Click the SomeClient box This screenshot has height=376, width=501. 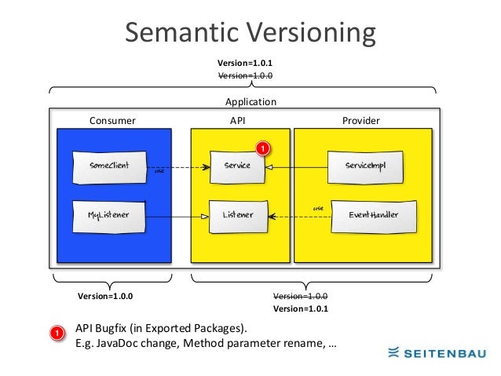pos(109,166)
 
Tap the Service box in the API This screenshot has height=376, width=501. pos(236,166)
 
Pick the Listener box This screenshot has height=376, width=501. pos(236,214)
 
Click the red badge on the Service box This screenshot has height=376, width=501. pos(263,148)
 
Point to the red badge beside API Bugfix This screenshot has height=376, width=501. pos(57,335)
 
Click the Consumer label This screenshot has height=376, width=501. pos(112,121)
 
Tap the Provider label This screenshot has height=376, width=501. pos(361,121)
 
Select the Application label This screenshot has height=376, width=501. pos(251,102)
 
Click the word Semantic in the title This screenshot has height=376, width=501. pos(182,33)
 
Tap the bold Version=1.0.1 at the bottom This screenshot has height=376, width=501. pos(300,309)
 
